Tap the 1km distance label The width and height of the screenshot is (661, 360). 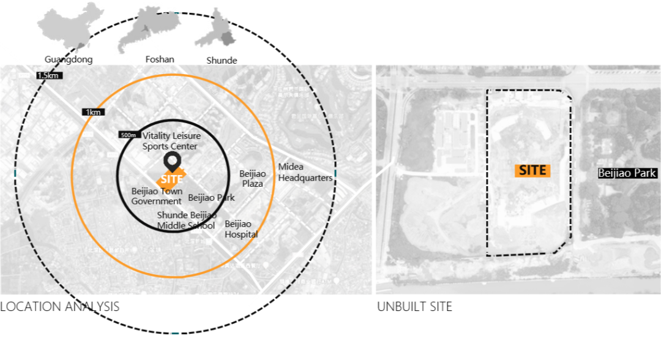[x=93, y=112]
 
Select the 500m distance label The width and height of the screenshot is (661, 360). [x=129, y=135]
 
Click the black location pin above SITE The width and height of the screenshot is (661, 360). [x=171, y=162]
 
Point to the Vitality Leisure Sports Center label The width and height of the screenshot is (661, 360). [x=170, y=141]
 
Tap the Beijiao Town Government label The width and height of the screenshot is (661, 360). [x=157, y=196]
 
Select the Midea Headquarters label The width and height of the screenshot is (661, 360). [x=305, y=172]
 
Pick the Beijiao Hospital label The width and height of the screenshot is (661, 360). [x=241, y=229]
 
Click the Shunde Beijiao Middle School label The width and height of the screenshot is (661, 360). [x=186, y=220]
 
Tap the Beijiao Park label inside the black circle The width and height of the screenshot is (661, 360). [x=211, y=198]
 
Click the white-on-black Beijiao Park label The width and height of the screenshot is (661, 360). [x=627, y=174]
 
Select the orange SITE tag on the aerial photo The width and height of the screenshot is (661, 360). [x=532, y=171]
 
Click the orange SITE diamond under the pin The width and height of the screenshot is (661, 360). [x=171, y=179]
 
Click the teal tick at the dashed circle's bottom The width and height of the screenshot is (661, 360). [x=175, y=333]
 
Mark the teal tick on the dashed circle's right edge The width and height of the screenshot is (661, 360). [x=335, y=173]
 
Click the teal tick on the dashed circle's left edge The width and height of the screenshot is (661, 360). [x=14, y=173]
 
